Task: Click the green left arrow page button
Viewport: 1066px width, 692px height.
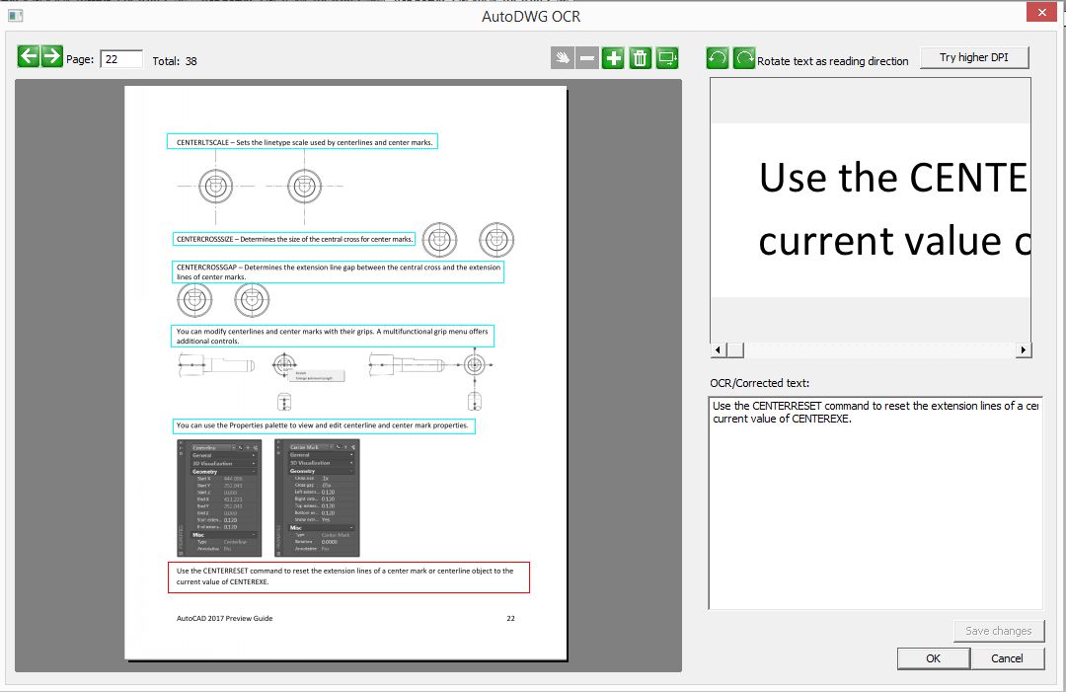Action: pyautogui.click(x=29, y=56)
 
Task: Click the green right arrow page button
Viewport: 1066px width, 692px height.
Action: pyautogui.click(x=52, y=56)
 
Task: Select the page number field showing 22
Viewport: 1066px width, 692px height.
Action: pyautogui.click(x=121, y=59)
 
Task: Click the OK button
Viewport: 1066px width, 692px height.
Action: pyautogui.click(x=933, y=658)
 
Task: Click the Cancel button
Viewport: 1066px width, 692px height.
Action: pyautogui.click(x=1007, y=658)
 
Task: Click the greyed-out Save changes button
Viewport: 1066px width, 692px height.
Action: pyautogui.click(x=998, y=631)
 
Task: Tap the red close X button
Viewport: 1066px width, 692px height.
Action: pyautogui.click(x=1040, y=13)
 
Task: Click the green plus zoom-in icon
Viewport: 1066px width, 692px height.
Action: pyautogui.click(x=613, y=58)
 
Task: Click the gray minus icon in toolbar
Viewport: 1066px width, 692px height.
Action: pyautogui.click(x=587, y=58)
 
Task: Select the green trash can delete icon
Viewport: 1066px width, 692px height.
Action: pyautogui.click(x=640, y=58)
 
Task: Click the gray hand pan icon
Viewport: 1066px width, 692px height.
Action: pyautogui.click(x=562, y=58)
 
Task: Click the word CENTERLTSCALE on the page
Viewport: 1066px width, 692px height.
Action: pyautogui.click(x=203, y=142)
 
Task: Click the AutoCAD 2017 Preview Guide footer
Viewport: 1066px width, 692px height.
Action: pyautogui.click(x=224, y=619)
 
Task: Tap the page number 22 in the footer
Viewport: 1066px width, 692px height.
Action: pyautogui.click(x=510, y=619)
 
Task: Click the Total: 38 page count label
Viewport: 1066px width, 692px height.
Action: pyautogui.click(x=175, y=61)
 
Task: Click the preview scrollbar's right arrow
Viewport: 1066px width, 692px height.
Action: pyautogui.click(x=1024, y=350)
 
